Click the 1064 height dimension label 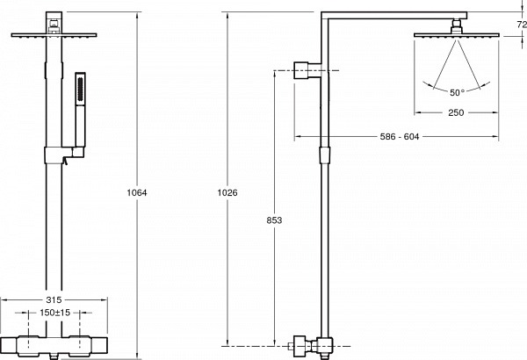point(137,192)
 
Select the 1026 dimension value point(227,192)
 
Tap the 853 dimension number point(274,220)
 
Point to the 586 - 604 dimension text point(400,136)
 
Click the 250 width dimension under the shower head point(456,112)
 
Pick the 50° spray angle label point(457,92)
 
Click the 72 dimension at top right point(522,25)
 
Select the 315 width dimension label point(54,299)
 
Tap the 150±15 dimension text point(55,313)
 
